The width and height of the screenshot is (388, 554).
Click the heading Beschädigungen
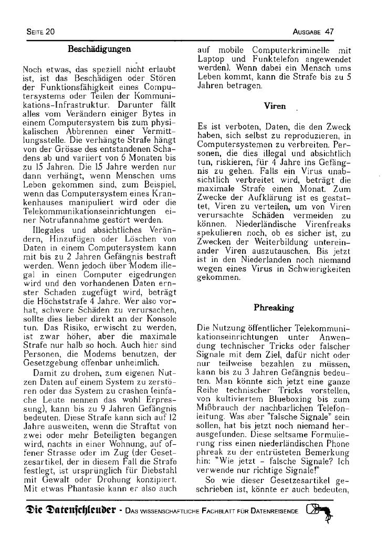(99, 49)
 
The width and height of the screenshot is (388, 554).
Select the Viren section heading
(275, 106)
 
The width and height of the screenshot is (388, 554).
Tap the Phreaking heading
(274, 307)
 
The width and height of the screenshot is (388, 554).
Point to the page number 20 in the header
(50, 32)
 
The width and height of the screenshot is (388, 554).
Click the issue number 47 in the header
(329, 32)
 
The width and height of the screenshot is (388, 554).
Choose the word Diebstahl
(158, 471)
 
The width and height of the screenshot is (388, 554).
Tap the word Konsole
(161, 320)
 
